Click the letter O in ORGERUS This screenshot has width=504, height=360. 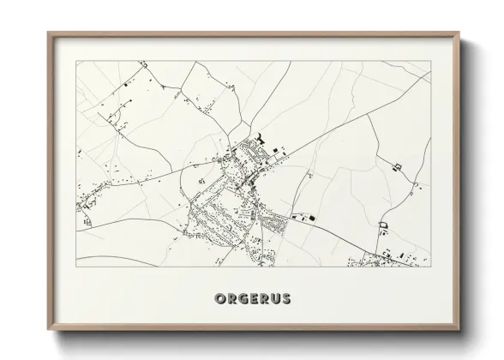click(x=216, y=299)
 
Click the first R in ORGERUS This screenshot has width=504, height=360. click(x=230, y=299)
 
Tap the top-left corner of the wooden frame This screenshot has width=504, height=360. click(x=48, y=33)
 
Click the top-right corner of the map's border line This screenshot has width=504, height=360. click(x=430, y=60)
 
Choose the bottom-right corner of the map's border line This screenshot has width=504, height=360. click(x=430, y=268)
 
